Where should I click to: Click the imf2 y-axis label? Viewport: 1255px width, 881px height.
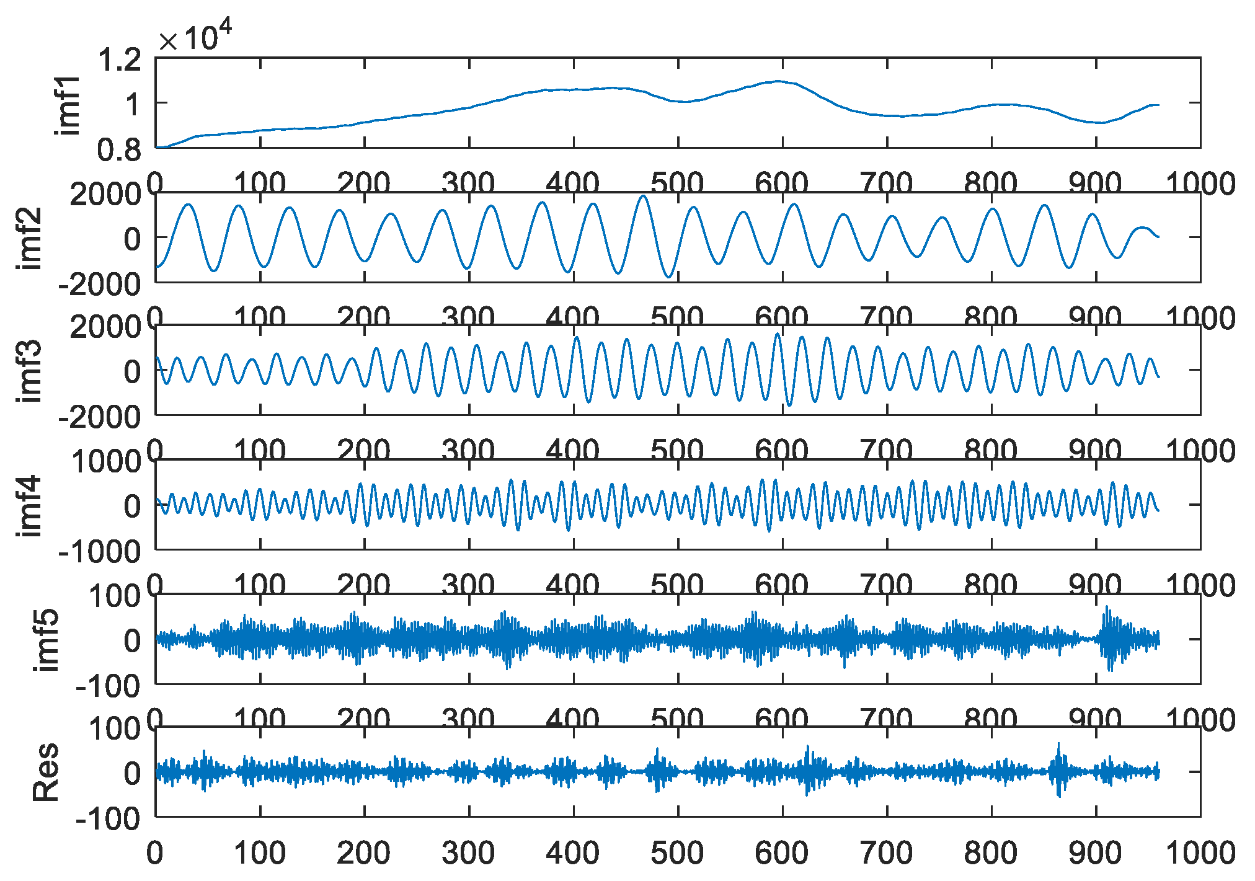click(x=31, y=238)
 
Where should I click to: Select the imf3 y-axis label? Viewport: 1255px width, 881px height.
click(x=31, y=371)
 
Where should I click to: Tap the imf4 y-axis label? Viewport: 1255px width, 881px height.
click(x=31, y=505)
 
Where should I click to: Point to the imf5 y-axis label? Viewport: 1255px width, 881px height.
click(x=48, y=640)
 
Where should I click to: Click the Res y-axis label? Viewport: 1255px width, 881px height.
click(x=47, y=772)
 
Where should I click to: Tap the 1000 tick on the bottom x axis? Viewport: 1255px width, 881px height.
click(x=1200, y=853)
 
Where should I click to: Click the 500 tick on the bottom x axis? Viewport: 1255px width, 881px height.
click(x=678, y=853)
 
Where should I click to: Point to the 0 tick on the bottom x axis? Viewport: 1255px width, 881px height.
click(x=155, y=853)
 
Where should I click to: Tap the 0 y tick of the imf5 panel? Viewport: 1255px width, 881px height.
click(x=132, y=640)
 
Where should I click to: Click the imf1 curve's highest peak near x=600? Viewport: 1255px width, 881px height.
click(x=779, y=81)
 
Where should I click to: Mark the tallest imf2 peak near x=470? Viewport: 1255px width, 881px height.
click(x=644, y=197)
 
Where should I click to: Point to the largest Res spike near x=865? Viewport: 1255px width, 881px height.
click(x=1058, y=744)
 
